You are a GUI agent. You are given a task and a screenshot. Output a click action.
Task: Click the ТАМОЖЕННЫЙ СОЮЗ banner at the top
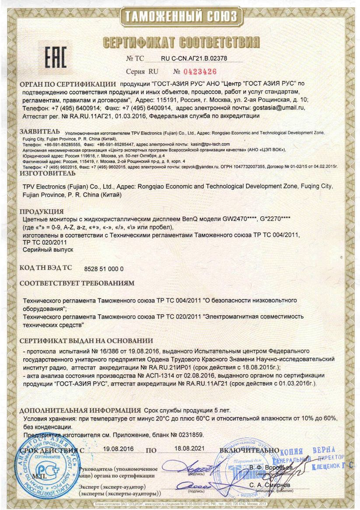[181, 17]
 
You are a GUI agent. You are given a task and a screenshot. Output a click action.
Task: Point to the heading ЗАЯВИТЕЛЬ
[39, 131]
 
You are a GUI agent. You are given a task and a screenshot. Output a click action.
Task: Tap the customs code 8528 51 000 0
[103, 268]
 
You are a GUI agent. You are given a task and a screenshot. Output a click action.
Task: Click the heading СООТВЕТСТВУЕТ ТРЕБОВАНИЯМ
[77, 283]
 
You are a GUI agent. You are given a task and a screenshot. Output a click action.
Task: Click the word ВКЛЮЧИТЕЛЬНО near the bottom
[249, 450]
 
